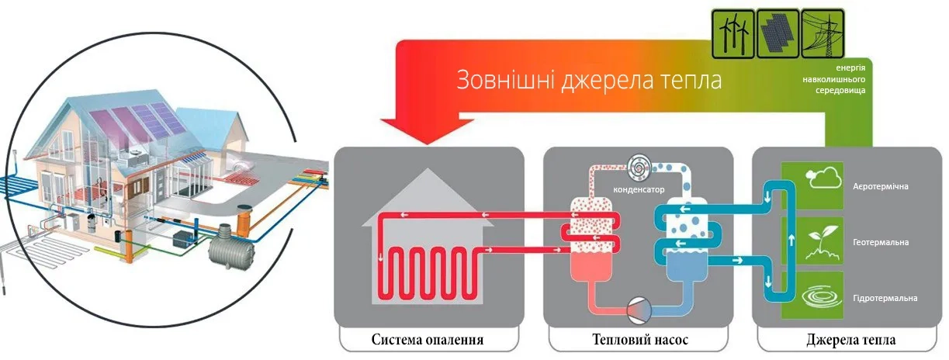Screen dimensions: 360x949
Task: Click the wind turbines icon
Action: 732,31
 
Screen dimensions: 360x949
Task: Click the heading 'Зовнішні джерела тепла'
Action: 588,81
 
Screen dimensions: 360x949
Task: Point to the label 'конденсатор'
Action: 637,189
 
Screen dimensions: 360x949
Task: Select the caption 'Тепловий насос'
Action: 639,340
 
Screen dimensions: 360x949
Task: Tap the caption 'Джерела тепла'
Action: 850,340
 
